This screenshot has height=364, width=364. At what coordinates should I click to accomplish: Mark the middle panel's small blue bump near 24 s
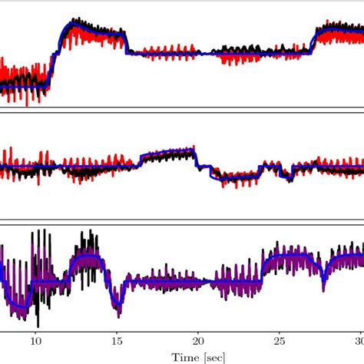(269, 164)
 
